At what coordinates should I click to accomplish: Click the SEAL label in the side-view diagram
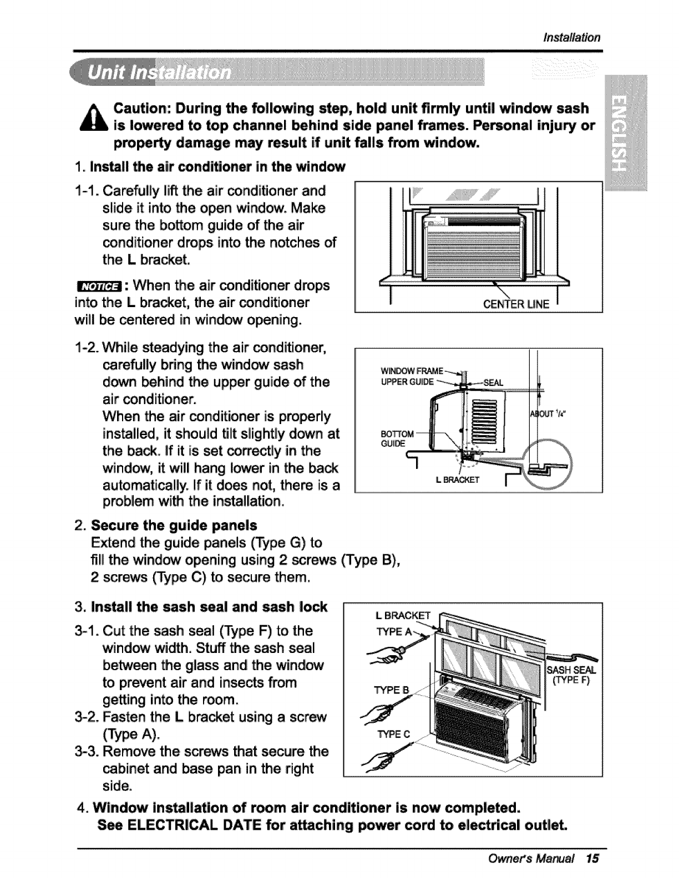493,382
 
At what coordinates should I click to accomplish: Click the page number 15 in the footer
592,859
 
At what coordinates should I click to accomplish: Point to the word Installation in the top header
571,38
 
